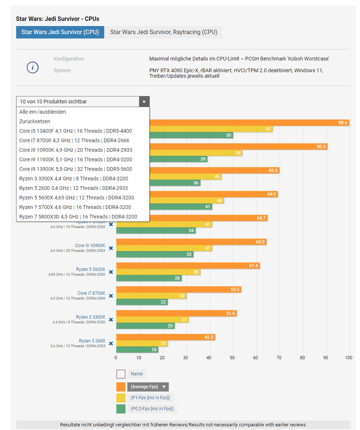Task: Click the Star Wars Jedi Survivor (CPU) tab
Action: [x=60, y=32]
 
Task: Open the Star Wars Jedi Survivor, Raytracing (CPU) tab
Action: [x=164, y=32]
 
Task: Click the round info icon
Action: [x=33, y=67]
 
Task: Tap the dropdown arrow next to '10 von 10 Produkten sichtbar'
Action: [x=144, y=102]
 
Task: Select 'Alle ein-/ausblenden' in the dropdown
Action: [x=43, y=112]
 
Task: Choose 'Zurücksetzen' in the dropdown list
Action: [x=35, y=121]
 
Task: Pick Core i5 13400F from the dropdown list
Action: [x=76, y=131]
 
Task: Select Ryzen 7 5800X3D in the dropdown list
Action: [x=78, y=217]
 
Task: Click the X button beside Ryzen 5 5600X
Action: [x=111, y=272]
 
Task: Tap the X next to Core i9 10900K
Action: [x=111, y=248]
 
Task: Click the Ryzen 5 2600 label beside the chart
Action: [x=92, y=341]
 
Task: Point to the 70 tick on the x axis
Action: [x=279, y=358]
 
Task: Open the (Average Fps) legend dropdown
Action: [x=148, y=387]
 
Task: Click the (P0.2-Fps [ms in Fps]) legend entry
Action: [x=152, y=409]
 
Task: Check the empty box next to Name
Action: [x=121, y=374]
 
